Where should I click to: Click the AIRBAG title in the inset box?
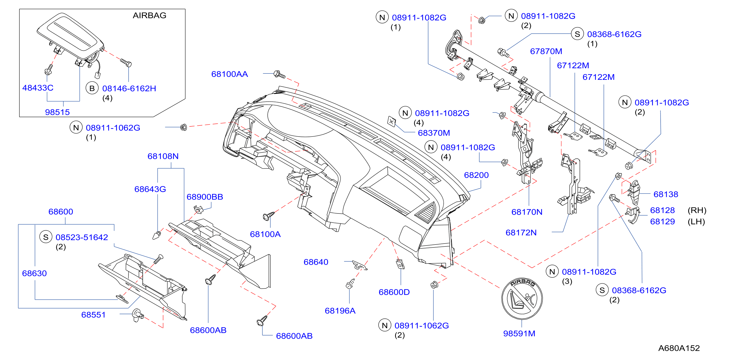point(149,15)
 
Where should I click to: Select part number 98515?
point(57,112)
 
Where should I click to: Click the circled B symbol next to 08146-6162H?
point(92,88)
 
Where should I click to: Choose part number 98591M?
point(519,333)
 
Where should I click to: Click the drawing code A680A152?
point(679,348)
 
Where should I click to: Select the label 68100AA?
point(230,74)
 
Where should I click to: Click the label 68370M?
point(434,133)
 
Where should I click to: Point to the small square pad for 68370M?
point(392,122)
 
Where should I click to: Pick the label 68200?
point(476,175)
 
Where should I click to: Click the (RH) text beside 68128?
point(697,210)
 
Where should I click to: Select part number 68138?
point(666,194)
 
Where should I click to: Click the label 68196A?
point(340,311)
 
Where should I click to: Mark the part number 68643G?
point(150,189)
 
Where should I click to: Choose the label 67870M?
point(546,51)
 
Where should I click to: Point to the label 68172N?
point(521,233)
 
